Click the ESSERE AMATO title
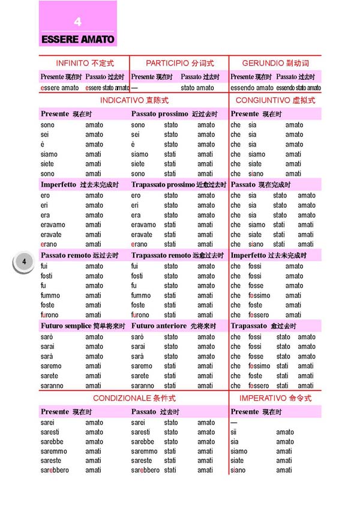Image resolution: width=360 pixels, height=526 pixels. click(x=77, y=40)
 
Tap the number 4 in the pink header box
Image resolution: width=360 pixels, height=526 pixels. click(x=77, y=22)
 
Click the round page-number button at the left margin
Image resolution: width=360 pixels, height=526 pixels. click(x=23, y=262)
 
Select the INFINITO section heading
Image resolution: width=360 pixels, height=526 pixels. click(x=85, y=63)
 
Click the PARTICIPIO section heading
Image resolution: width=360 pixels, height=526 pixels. click(x=179, y=63)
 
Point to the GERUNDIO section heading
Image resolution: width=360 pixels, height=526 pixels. click(x=275, y=63)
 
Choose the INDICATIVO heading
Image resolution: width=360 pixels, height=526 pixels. click(x=134, y=100)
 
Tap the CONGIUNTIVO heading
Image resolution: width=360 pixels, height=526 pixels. click(x=275, y=100)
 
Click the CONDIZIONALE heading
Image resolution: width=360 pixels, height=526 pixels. click(x=134, y=398)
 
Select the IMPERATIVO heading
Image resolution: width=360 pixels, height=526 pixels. click(x=275, y=398)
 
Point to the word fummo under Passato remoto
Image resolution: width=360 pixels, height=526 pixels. click(x=50, y=295)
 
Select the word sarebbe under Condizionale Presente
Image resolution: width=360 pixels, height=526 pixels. click(x=53, y=441)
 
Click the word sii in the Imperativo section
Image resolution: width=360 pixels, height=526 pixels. click(x=234, y=432)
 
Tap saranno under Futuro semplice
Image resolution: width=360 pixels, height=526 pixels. click(x=52, y=385)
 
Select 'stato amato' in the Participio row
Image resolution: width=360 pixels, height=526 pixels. click(x=197, y=88)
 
